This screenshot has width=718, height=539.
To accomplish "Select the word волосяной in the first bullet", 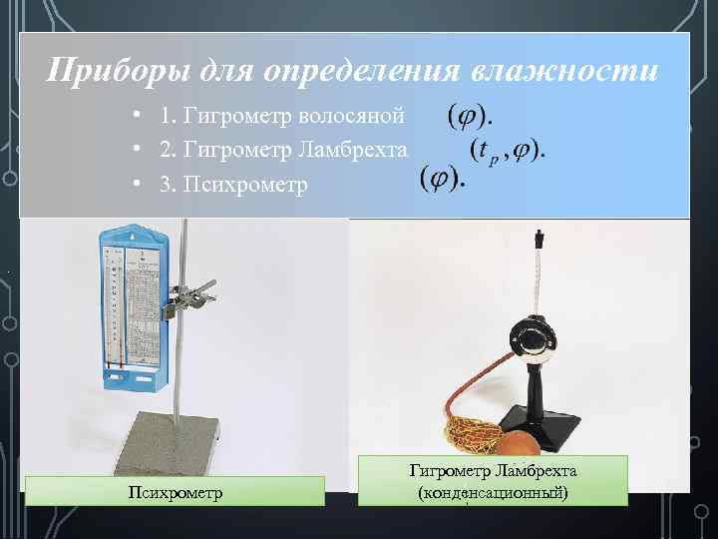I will tap(356, 117).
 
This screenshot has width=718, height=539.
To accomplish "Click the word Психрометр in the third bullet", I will tap(245, 185).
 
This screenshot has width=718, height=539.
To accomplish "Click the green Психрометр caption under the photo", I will tap(175, 491).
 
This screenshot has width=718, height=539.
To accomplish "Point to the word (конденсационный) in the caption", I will tap(495, 492).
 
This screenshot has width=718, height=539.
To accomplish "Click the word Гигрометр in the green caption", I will tap(448, 470).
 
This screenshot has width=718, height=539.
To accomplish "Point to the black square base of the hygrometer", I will tap(539, 425).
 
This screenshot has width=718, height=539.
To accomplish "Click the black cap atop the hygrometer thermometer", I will tap(539, 240).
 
